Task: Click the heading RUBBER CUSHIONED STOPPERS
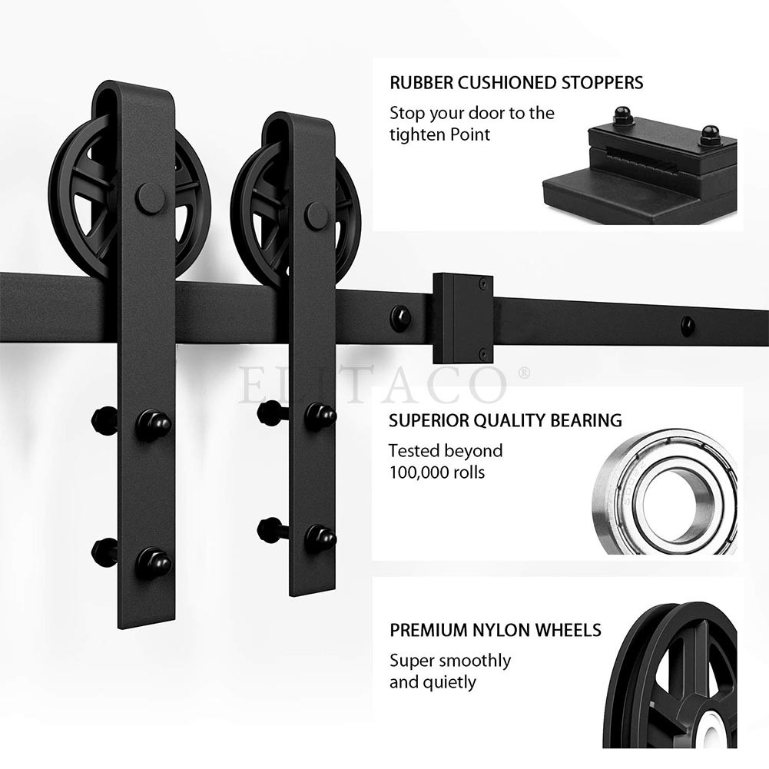[516, 83]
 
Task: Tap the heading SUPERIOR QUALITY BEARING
[505, 420]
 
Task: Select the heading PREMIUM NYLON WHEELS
[496, 630]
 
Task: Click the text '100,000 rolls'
[437, 472]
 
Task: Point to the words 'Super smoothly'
[450, 661]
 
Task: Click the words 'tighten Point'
[440, 135]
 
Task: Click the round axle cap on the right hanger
[317, 215]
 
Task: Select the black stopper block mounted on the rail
[462, 318]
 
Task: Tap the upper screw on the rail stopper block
[483, 283]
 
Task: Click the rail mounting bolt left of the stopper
[400, 318]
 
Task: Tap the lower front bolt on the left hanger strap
[153, 562]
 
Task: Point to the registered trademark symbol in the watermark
[524, 373]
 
